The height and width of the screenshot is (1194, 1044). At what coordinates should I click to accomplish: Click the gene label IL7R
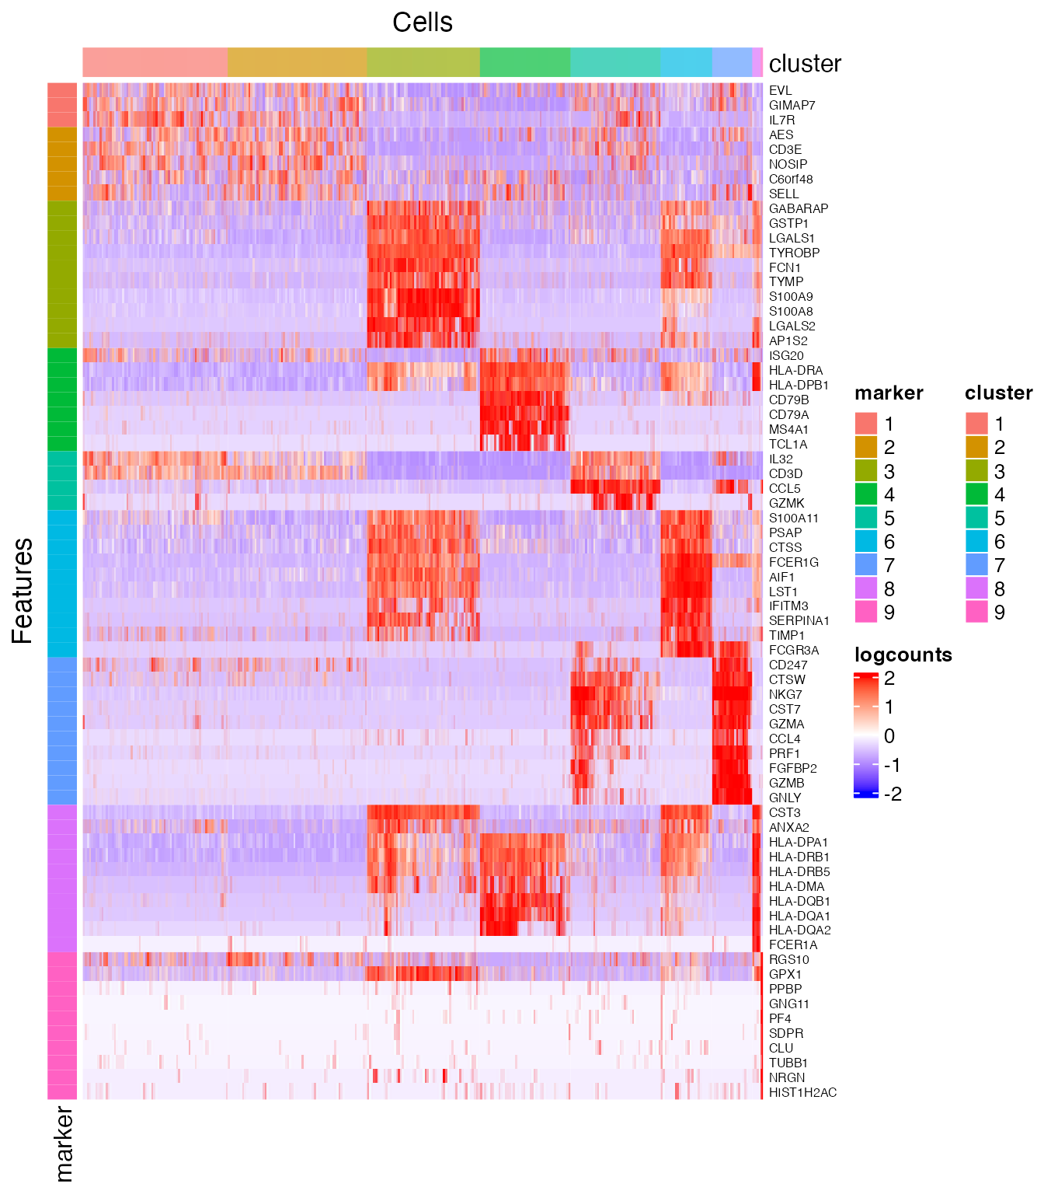781,120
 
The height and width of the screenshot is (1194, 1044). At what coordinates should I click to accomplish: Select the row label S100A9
791,296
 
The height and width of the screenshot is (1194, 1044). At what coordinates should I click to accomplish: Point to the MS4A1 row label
788,429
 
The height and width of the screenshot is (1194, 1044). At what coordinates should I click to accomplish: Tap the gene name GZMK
786,503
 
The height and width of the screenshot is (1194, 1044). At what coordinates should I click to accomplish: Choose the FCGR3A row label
793,650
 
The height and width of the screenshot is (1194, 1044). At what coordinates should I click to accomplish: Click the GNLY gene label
785,798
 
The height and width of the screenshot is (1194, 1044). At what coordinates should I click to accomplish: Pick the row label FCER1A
792,944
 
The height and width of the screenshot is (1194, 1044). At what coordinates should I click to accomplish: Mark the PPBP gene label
785,989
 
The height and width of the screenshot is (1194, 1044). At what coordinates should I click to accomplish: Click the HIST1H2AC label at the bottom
802,1092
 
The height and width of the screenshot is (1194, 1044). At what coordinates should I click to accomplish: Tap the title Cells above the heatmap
422,22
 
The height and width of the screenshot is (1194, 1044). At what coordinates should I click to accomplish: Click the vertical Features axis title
23,591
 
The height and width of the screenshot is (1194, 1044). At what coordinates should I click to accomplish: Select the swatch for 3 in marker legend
866,471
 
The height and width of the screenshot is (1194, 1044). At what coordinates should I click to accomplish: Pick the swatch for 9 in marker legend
866,612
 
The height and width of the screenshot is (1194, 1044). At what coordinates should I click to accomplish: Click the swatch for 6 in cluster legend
976,542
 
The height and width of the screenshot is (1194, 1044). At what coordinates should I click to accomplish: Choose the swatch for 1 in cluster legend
976,424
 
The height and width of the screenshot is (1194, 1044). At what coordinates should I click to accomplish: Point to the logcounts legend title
903,655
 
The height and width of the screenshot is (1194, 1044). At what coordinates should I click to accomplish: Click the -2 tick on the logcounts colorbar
893,794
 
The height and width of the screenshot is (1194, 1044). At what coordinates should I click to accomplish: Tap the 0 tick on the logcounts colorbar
889,735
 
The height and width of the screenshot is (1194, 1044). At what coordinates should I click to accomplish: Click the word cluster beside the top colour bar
805,64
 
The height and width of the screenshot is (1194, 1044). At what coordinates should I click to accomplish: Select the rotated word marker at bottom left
64,1143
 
